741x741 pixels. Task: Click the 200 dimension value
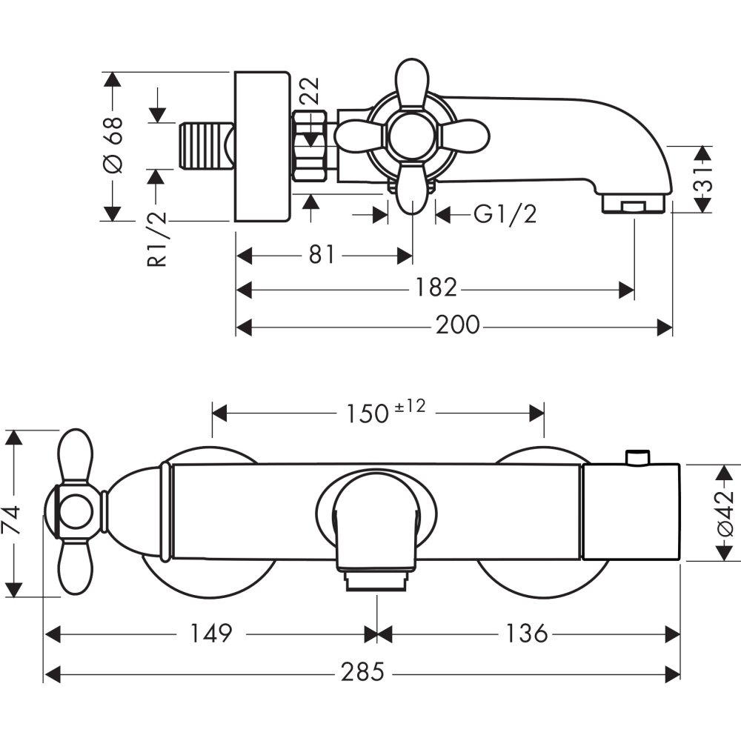tap(457, 325)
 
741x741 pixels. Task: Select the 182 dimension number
tap(436, 288)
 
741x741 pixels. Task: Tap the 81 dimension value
tap(322, 254)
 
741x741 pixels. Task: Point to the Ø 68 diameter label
tap(113, 144)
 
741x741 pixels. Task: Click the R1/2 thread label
tap(157, 239)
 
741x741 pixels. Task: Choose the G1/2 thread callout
tap(505, 215)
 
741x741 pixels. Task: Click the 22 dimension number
tap(310, 90)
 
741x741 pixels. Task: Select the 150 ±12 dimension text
tap(385, 411)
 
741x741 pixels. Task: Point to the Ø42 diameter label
tap(724, 513)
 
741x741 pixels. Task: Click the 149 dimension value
tap(210, 634)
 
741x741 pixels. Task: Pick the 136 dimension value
tap(526, 634)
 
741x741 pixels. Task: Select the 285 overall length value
tap(362, 671)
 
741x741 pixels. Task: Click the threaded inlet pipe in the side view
tap(207, 144)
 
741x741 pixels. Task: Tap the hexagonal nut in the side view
tap(310, 145)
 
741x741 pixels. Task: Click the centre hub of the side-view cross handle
tap(411, 136)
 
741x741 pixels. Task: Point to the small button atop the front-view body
tap(637, 457)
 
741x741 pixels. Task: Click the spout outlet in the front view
tap(376, 581)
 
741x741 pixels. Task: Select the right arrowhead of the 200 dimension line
tap(665, 326)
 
